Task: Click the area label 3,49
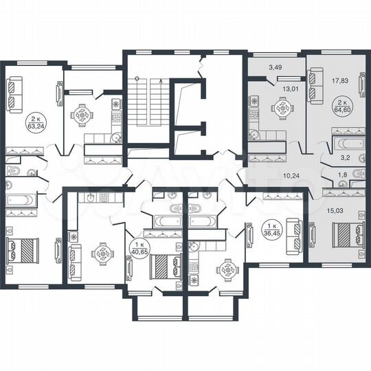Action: [275, 67]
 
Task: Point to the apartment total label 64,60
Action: [340, 106]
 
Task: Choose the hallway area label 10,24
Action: [293, 175]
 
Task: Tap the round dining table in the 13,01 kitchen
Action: [282, 108]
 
